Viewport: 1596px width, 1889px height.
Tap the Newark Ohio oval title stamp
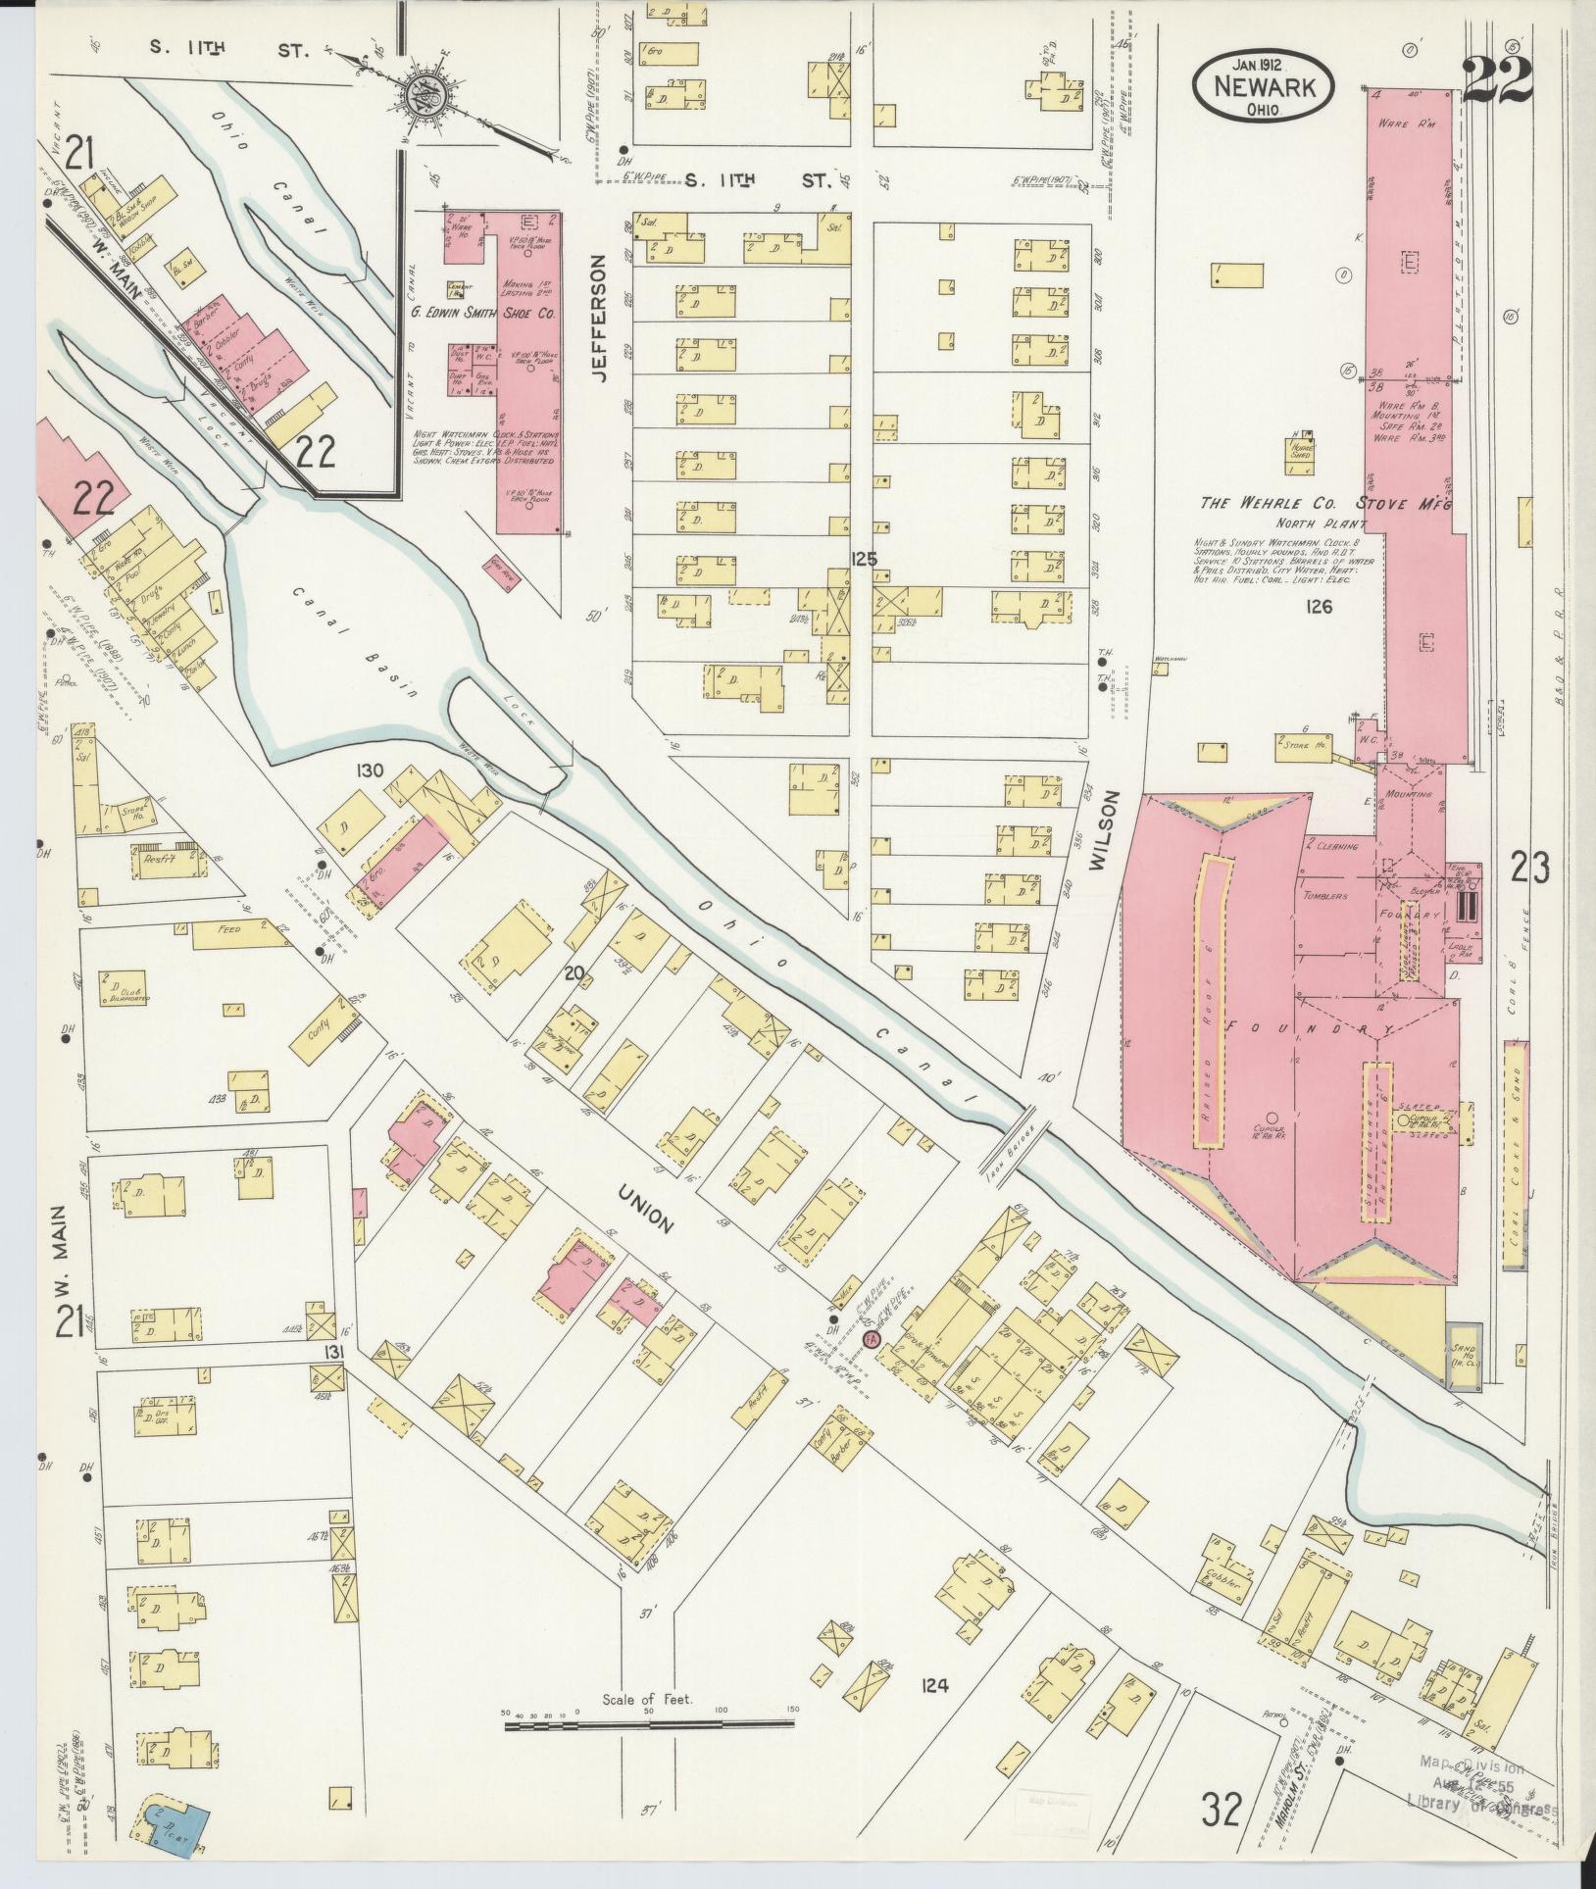[x=1263, y=86]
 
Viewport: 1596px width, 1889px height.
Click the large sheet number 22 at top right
[x=1497, y=80]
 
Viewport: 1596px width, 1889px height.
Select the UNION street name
[x=645, y=1209]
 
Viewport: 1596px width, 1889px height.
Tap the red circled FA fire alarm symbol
[x=870, y=1338]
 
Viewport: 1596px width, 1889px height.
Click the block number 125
[x=864, y=560]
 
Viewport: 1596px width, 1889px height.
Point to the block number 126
[x=1319, y=607]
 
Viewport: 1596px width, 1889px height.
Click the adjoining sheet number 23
[x=1529, y=869]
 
